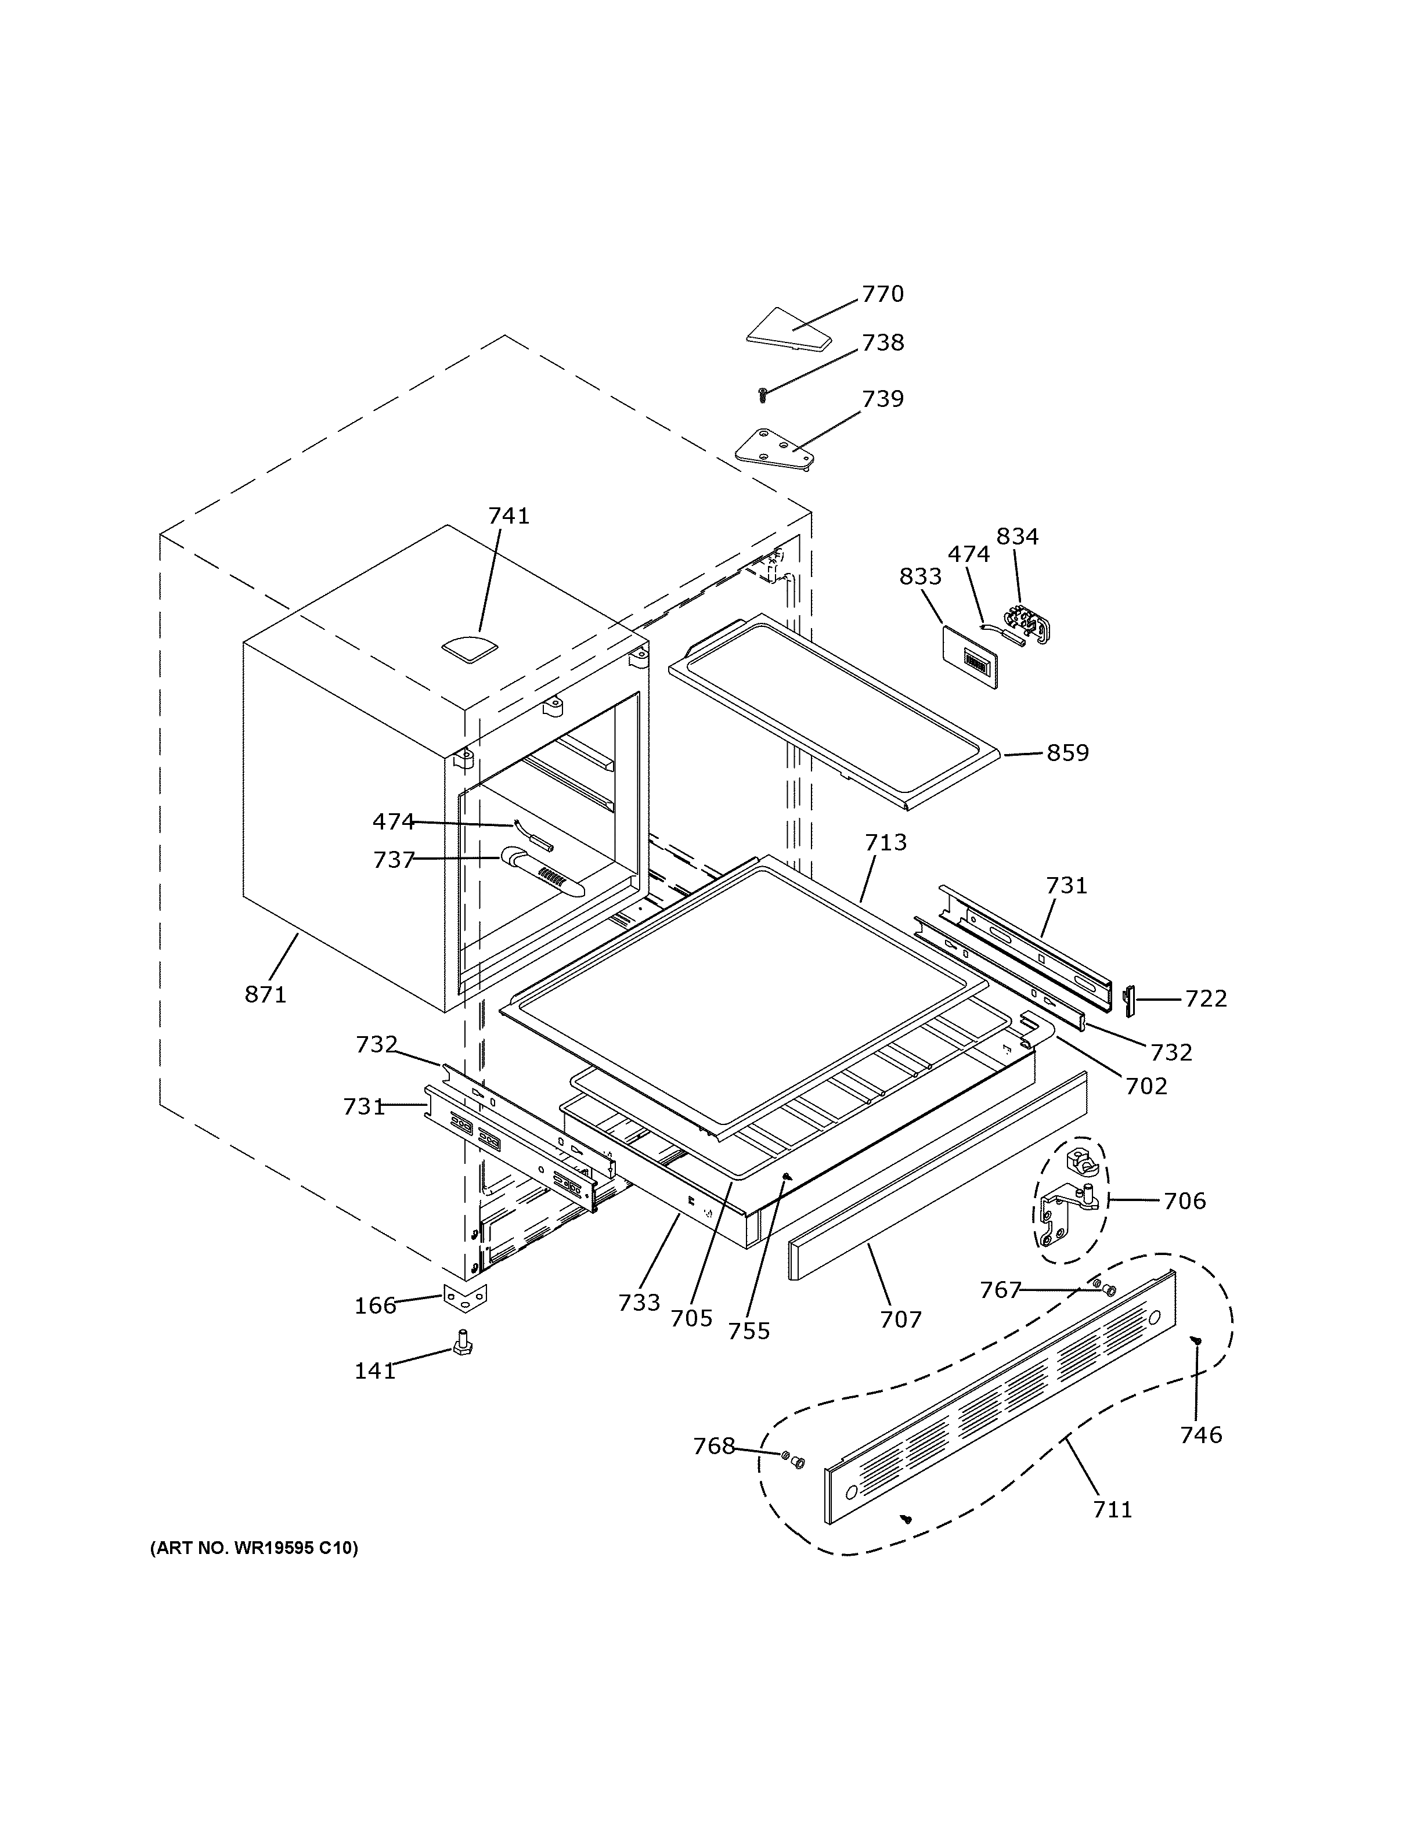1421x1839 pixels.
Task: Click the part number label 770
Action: tap(882, 294)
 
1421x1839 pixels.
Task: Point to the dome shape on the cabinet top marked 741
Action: tap(470, 647)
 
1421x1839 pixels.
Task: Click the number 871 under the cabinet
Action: tap(265, 994)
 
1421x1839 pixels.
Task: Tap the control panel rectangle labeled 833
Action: tap(968, 657)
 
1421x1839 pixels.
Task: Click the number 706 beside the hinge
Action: tap(1184, 1200)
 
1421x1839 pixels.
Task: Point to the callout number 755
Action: tap(749, 1330)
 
